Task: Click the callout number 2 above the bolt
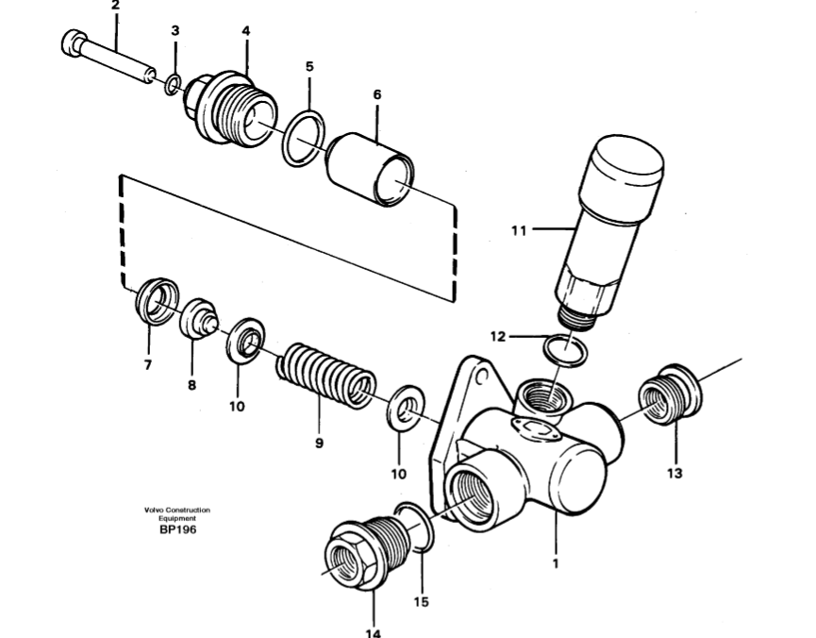(115, 6)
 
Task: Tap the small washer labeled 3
(173, 84)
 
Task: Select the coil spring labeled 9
(325, 375)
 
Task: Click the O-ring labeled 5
(304, 138)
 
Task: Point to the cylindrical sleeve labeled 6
(371, 169)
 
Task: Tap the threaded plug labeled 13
(670, 395)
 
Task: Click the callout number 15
(421, 602)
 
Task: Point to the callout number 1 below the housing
(556, 563)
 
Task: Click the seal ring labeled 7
(157, 301)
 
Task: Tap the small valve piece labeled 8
(199, 318)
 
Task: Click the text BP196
(178, 529)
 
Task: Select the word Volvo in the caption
(153, 510)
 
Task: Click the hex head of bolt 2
(74, 42)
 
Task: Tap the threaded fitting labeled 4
(230, 109)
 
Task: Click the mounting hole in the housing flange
(482, 375)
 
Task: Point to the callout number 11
(519, 230)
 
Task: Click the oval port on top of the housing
(537, 428)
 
